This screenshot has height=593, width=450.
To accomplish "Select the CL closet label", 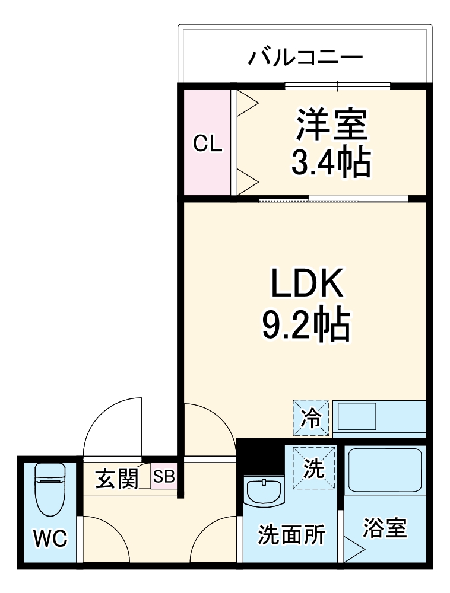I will pos(208,143).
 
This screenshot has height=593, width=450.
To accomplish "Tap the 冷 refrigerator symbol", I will pos(310,417).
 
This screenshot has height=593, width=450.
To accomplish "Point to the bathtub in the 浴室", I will pos(385,472).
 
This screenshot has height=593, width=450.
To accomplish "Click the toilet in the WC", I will pos(49,488).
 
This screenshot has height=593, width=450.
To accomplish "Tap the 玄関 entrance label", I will pos(117,478).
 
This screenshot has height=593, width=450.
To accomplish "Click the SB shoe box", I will pos(164,477).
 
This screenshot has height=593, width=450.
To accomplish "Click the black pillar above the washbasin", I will pos(260,457).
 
